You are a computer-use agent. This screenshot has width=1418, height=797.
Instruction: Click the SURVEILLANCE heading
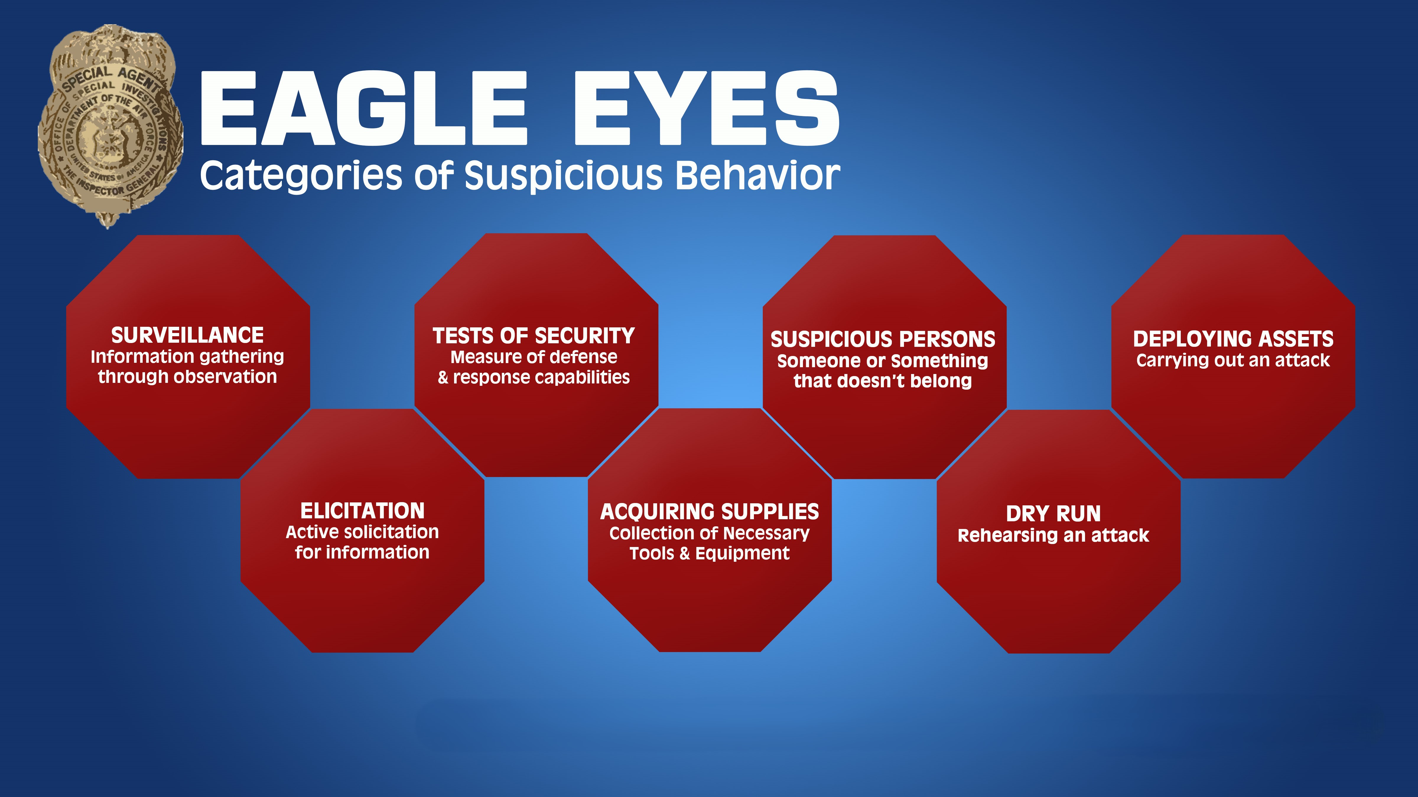click(x=188, y=335)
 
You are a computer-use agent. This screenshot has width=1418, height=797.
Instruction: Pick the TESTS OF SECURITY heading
click(x=534, y=336)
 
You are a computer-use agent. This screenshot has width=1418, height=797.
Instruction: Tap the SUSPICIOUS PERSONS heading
click(x=883, y=339)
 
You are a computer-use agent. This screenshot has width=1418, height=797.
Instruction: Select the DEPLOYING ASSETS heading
click(x=1233, y=339)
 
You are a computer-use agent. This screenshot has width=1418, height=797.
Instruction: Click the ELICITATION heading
click(x=362, y=510)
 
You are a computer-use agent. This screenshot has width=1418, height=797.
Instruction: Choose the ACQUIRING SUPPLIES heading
click(x=710, y=512)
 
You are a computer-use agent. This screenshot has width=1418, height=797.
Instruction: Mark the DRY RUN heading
click(x=1053, y=514)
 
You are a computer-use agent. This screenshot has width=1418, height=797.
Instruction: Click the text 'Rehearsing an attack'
click(x=1053, y=535)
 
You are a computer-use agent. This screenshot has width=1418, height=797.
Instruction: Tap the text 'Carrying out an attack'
click(x=1233, y=360)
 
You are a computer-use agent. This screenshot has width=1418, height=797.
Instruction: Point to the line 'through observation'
click(x=188, y=377)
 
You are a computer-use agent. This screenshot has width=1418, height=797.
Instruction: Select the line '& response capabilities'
click(x=534, y=377)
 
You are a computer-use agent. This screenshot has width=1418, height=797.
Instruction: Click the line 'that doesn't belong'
click(x=883, y=380)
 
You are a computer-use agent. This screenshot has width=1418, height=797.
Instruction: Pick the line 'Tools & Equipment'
click(x=710, y=553)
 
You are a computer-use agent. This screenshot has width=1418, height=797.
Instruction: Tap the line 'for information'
click(x=362, y=552)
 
